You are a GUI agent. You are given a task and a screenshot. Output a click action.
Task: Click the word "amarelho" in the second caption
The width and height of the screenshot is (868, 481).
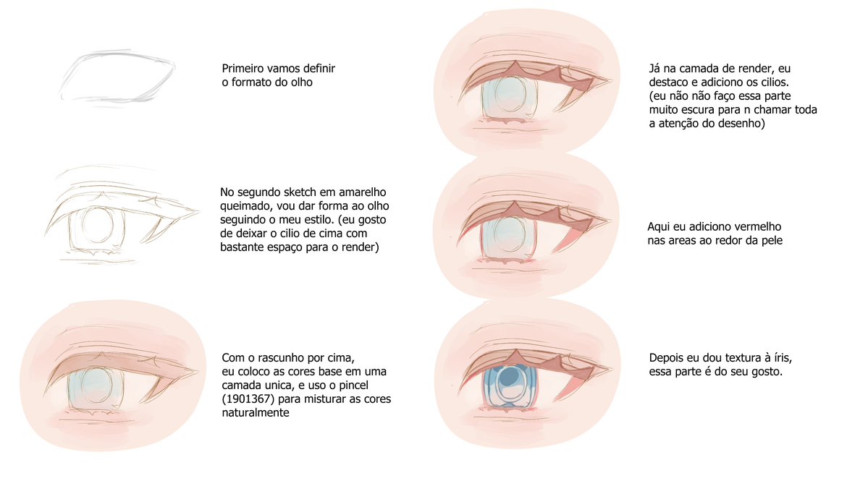pyautogui.click(x=363, y=192)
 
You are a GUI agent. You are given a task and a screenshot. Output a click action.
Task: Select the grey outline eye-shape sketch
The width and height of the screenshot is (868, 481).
pyautogui.click(x=117, y=76)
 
